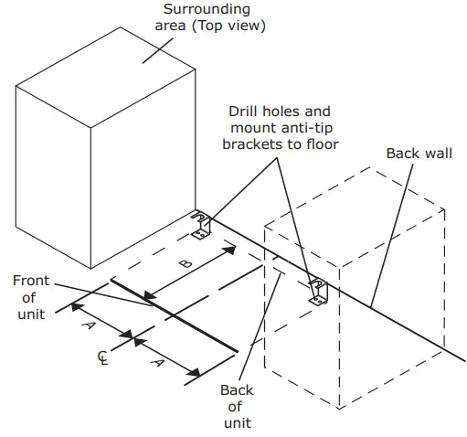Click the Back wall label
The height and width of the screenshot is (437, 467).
[419, 153]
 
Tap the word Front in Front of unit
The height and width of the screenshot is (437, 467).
[31, 281]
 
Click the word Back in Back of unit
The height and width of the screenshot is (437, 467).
[237, 390]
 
